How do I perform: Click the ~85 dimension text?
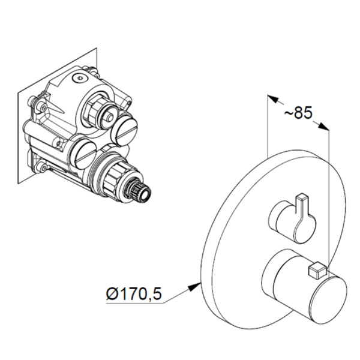click(x=298, y=113)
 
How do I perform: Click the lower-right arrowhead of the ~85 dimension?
click(x=324, y=127)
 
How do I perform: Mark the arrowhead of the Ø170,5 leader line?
click(x=194, y=287)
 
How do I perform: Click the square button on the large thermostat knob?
click(x=318, y=271)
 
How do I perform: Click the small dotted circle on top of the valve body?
click(x=80, y=77)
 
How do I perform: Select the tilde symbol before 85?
click(x=289, y=113)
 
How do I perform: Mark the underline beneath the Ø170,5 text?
click(x=134, y=303)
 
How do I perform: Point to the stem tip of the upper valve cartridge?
click(x=110, y=118)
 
